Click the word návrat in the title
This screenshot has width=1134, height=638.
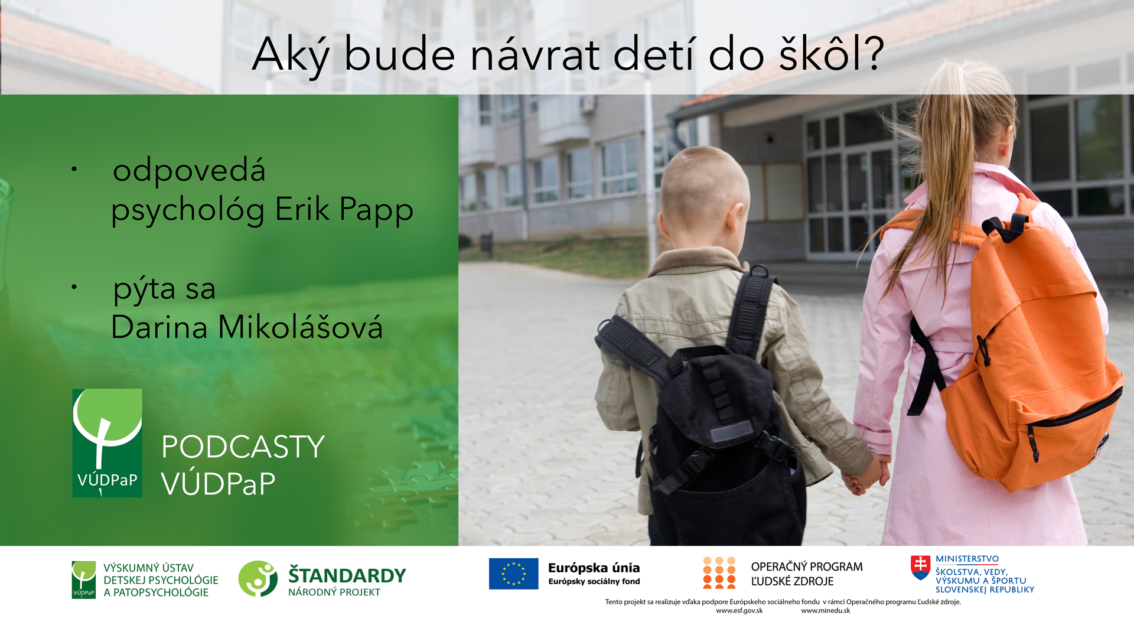(535, 55)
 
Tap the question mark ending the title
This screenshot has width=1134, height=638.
(871, 53)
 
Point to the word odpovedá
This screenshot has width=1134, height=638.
(189, 170)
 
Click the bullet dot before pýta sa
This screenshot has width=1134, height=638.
(74, 287)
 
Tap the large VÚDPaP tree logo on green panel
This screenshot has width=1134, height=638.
(107, 442)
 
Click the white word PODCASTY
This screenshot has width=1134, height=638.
(243, 447)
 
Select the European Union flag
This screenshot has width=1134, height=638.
(513, 574)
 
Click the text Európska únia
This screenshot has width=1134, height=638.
(594, 568)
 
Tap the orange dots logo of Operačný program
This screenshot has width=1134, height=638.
(719, 572)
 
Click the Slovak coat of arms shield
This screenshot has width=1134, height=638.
(920, 567)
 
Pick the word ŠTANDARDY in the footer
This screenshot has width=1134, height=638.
(347, 575)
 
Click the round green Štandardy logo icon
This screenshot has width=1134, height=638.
(258, 578)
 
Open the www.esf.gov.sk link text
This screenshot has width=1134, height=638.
(739, 611)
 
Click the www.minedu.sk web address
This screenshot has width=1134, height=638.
(825, 611)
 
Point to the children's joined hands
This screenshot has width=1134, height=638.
(866, 476)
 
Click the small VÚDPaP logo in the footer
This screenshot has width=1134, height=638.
(83, 580)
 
